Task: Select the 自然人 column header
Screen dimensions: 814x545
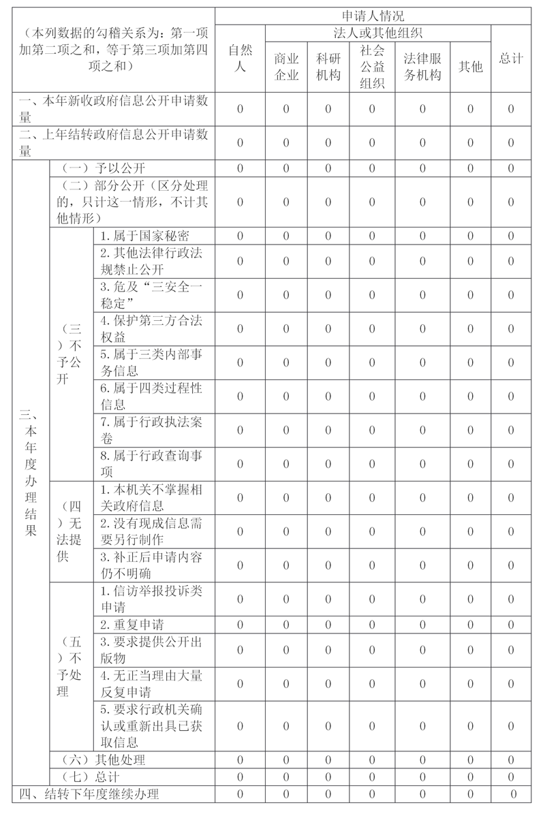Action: tap(240, 58)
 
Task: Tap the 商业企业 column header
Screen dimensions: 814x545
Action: tap(286, 67)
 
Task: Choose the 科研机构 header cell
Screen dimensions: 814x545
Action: tap(328, 67)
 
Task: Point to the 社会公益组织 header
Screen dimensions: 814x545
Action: tap(371, 67)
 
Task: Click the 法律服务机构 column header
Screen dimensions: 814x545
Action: tap(422, 67)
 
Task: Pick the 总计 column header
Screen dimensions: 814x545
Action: tap(511, 58)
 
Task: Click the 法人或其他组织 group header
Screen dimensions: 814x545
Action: tap(378, 33)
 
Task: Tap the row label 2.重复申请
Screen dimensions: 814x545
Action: tap(131, 624)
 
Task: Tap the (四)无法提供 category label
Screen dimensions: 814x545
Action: tap(71, 531)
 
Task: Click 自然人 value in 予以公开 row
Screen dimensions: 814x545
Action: tap(240, 168)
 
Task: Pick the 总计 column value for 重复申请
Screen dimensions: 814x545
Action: tap(511, 624)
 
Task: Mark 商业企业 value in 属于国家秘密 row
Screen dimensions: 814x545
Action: tap(286, 236)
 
